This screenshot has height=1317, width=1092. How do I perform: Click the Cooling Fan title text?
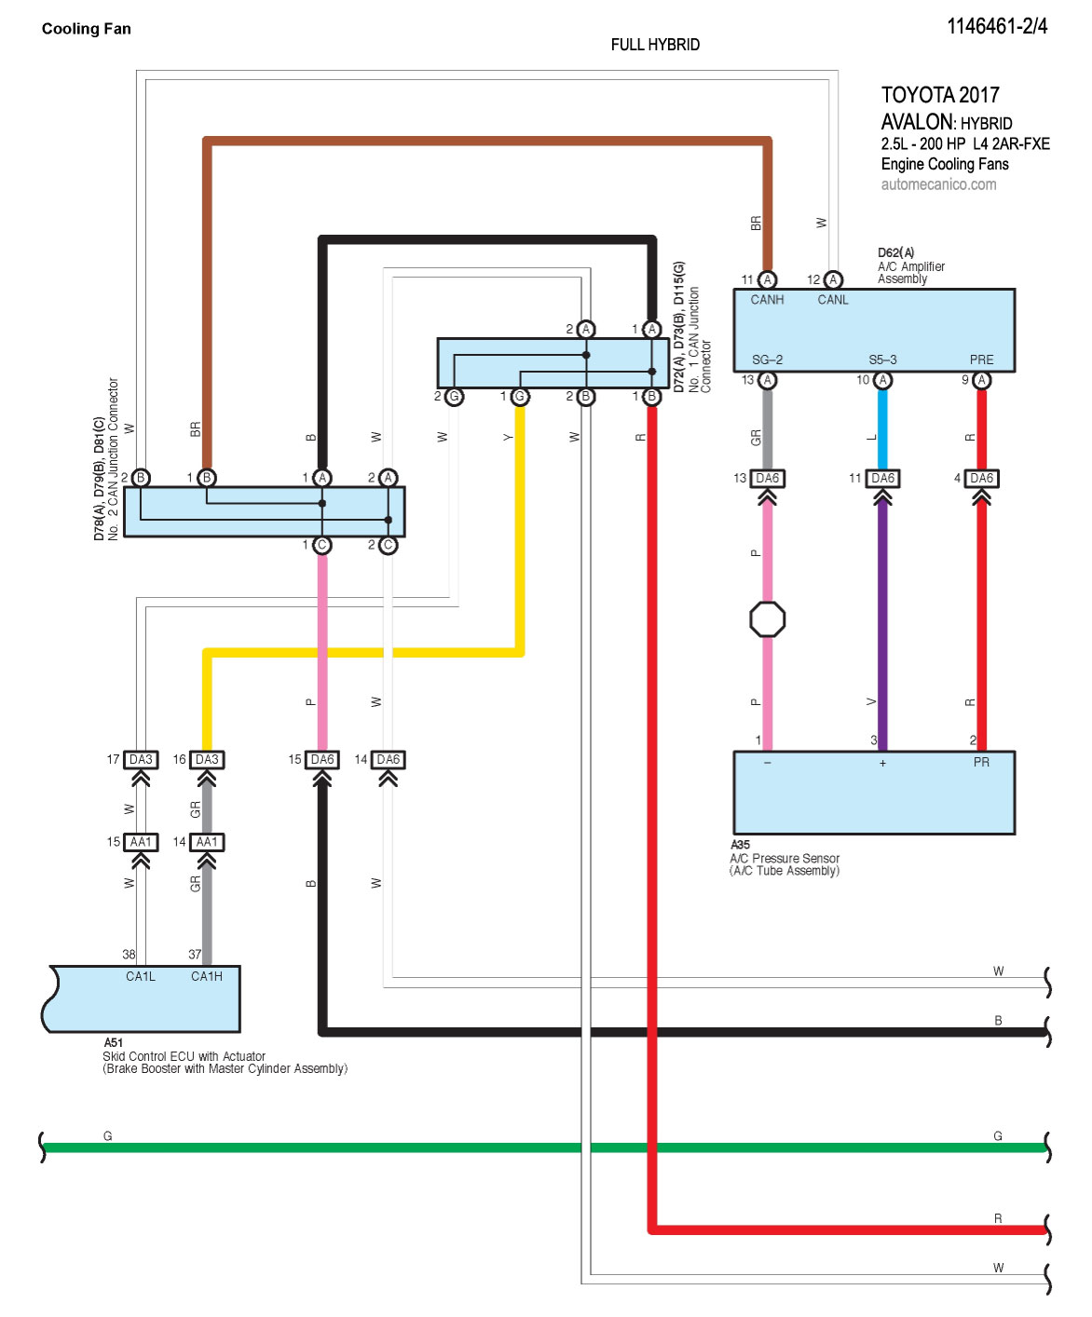tap(86, 29)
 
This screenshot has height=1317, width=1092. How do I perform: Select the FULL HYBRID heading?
tap(655, 45)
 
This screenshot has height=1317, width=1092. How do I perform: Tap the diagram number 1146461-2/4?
tap(996, 26)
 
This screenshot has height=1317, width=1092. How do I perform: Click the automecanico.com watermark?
tap(938, 184)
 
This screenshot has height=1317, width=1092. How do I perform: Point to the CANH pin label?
tap(767, 300)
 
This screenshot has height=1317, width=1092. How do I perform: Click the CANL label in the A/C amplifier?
tap(833, 300)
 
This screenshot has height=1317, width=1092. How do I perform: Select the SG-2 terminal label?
tap(767, 360)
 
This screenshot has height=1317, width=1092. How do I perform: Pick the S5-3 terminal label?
tap(882, 360)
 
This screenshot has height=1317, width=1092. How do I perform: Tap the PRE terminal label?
tap(981, 360)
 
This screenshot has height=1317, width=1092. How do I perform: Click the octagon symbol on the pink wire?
tap(767, 619)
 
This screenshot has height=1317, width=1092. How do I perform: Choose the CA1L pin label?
tap(141, 976)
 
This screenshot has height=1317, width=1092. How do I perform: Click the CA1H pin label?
tap(206, 976)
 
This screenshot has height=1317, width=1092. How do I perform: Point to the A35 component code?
tap(740, 845)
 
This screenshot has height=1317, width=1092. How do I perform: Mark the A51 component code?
tap(113, 1043)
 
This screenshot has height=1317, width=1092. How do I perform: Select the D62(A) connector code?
tap(895, 252)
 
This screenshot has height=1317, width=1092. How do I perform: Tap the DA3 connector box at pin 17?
tap(141, 760)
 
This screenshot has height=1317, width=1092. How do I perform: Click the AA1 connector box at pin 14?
tap(207, 842)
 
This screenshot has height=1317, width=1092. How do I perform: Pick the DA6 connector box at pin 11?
tap(882, 479)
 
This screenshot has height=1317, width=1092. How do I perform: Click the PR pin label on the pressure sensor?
tap(981, 762)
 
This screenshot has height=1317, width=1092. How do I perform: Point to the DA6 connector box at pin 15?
tap(322, 760)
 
